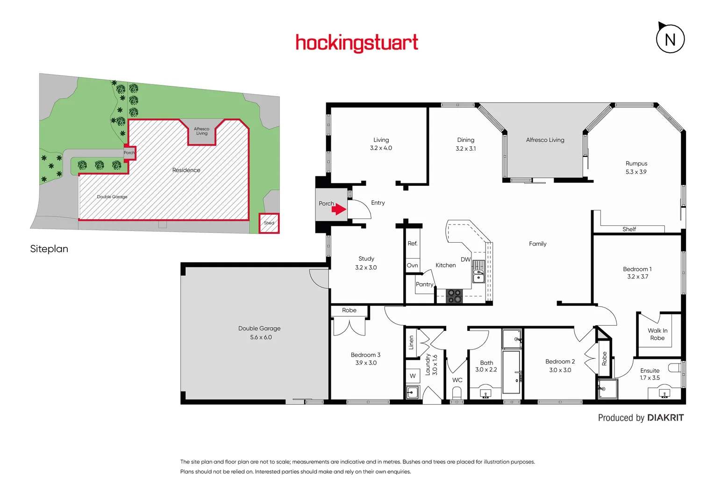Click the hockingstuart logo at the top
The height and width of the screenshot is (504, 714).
(357, 43)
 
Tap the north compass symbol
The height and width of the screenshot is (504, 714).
(670, 39)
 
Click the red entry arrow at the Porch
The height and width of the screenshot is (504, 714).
(339, 210)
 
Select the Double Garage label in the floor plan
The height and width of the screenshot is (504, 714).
(259, 329)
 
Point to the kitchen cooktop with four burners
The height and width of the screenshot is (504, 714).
(454, 296)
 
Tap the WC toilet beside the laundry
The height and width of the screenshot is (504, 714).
(457, 393)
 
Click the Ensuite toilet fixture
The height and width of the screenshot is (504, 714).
(675, 368)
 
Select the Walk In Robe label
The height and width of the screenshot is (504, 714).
(657, 334)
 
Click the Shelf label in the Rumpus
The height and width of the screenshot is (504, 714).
(629, 229)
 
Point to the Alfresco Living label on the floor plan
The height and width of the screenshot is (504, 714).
(545, 140)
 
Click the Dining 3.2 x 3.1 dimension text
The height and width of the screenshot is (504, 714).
(465, 149)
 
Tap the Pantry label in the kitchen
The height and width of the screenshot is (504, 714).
(424, 284)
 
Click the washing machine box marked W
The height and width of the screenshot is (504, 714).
(413, 376)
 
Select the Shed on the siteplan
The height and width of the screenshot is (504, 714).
(269, 223)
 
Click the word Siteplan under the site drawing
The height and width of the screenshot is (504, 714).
(49, 249)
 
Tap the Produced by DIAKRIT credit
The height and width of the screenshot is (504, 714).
(641, 418)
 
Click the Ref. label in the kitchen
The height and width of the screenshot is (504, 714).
(412, 244)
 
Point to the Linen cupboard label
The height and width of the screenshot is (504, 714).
(411, 343)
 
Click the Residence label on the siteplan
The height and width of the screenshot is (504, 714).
(186, 170)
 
